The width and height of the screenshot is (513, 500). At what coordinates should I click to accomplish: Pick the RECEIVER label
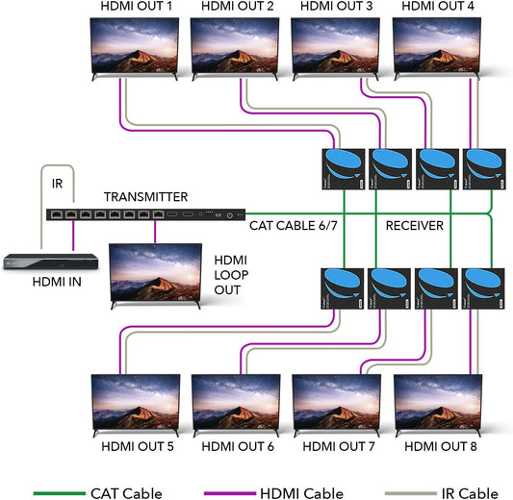pyautogui.click(x=414, y=227)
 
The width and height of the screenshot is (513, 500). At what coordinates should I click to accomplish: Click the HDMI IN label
pyautogui.click(x=56, y=282)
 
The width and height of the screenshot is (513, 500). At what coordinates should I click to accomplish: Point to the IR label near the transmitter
pyautogui.click(x=57, y=179)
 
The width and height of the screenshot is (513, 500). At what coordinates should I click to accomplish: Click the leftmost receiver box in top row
pyautogui.click(x=343, y=169)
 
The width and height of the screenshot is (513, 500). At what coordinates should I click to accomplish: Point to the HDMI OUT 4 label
pyautogui.click(x=438, y=8)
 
